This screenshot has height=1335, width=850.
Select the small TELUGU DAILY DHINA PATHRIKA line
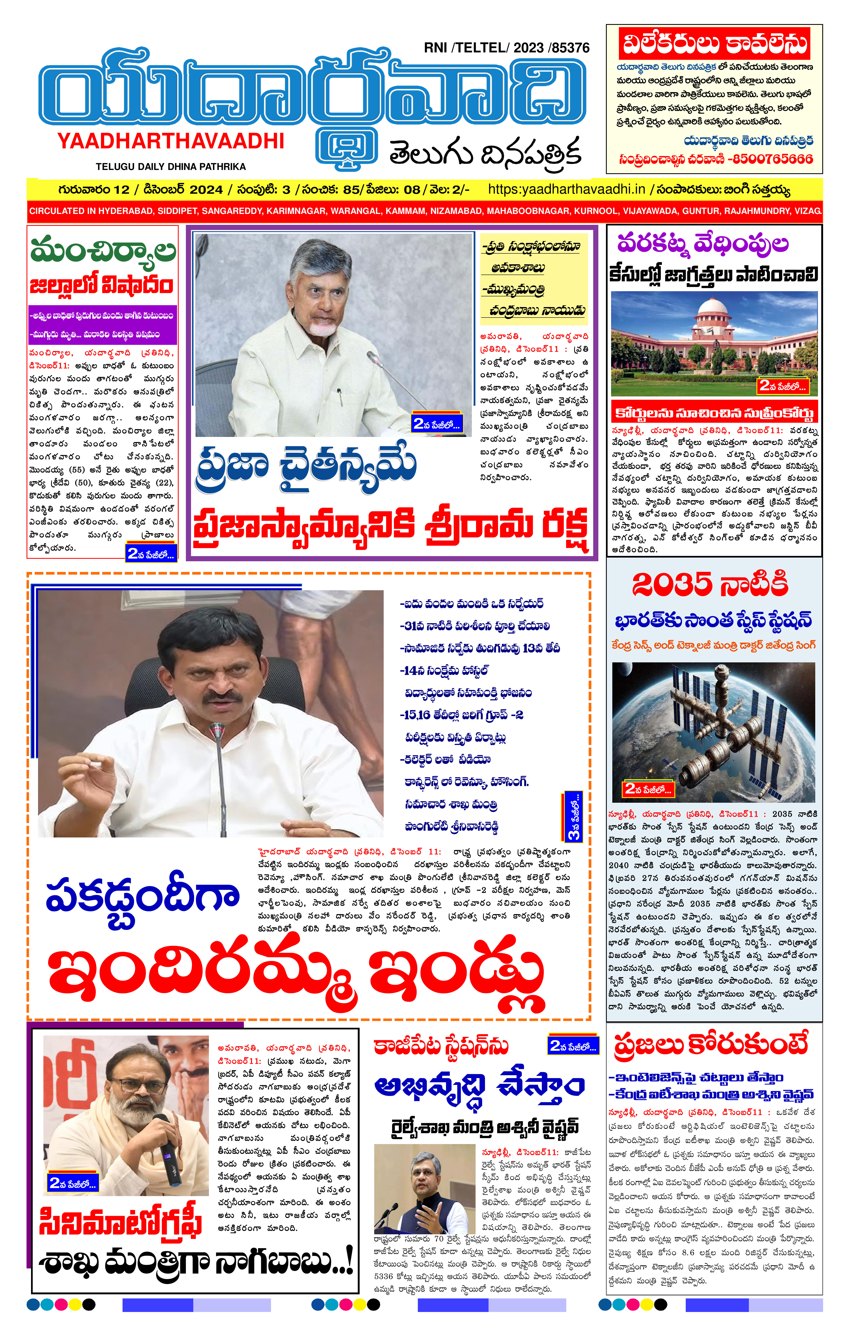point(170,166)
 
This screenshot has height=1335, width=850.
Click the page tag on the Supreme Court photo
point(782,386)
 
